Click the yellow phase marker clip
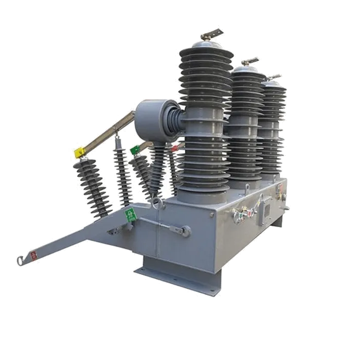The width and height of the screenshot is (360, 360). click(80, 153)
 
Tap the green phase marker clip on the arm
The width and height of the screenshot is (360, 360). click(135, 150)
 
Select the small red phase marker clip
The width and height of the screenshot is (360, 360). click(174, 148)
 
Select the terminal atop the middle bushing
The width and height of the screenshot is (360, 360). click(251, 62)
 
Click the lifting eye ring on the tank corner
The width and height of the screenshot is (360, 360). click(158, 205)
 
